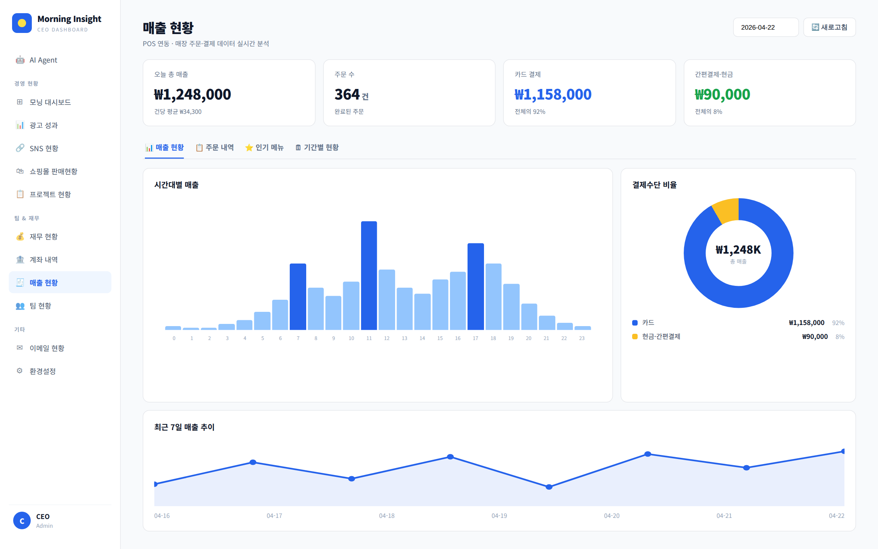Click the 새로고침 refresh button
coord(829,27)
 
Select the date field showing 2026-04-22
coord(766,27)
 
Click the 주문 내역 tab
coord(215,147)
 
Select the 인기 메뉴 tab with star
coord(264,147)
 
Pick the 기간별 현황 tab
coord(317,147)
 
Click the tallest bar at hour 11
coord(369,276)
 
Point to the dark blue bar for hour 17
coord(476,287)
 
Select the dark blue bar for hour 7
coord(298,297)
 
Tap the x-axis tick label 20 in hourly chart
coord(529,338)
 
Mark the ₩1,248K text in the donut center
coord(738,250)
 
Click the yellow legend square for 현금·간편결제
coord(635,337)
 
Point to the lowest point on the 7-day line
coord(549,487)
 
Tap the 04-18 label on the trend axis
coord(387,516)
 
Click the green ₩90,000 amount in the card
coord(723,94)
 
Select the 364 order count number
coord(347,94)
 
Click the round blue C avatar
coord(22,520)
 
